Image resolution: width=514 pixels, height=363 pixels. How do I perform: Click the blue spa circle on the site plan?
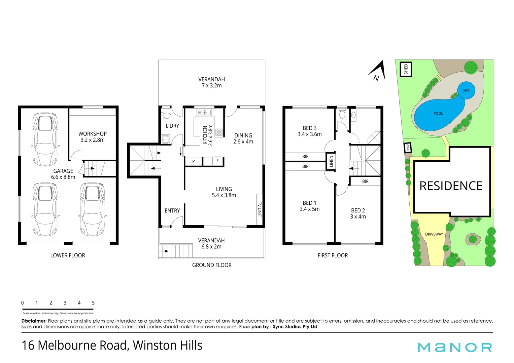466,90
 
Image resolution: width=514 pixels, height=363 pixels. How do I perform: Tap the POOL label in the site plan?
438,114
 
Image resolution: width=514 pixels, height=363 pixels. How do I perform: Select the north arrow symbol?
377,72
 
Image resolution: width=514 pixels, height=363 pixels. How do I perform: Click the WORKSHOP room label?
93,134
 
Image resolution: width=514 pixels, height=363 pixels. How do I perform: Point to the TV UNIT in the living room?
259,209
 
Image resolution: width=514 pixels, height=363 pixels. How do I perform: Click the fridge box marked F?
217,161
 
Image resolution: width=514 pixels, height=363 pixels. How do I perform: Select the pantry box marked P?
194,161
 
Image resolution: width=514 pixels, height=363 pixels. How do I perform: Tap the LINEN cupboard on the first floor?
331,162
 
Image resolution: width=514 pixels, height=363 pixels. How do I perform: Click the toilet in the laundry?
166,116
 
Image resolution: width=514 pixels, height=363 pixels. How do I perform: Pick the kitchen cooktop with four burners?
219,132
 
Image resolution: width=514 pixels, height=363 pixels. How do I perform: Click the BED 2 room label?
358,210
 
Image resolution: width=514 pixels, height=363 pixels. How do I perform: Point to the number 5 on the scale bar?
93,303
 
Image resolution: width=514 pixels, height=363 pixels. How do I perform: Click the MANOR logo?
454,347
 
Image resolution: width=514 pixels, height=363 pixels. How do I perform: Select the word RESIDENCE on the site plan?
451,186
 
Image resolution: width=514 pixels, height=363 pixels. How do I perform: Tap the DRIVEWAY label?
434,234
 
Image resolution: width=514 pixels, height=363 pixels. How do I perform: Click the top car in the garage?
45,139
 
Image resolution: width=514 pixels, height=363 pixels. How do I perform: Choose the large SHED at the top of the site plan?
406,69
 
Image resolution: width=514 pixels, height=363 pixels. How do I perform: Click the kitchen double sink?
204,113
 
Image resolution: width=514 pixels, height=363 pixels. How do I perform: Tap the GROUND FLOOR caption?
212,265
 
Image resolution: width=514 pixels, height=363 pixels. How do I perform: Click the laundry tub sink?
165,139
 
